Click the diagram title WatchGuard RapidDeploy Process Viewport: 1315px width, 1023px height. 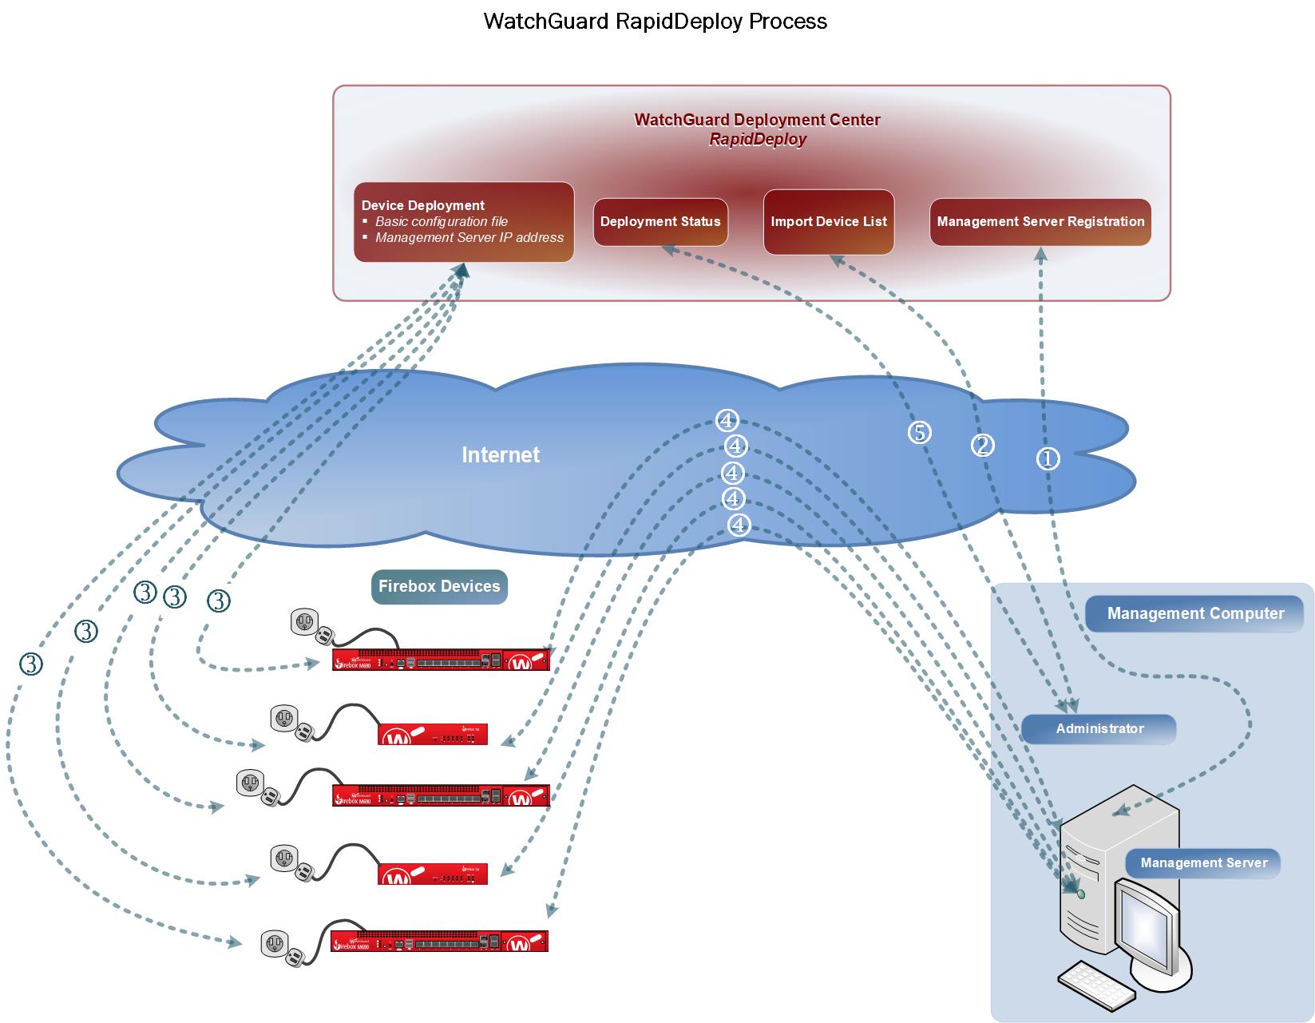coord(655,21)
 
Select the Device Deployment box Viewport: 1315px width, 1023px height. coord(463,221)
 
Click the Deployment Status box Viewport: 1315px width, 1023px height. coord(660,222)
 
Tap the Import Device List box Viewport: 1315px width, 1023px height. coord(828,222)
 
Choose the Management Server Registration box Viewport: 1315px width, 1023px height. coord(1040,222)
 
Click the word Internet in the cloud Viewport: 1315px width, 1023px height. coord(501,455)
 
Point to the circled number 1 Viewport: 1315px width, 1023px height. coord(1048,458)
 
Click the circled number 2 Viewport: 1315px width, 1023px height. coord(982,445)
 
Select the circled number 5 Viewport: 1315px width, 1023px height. coord(920,433)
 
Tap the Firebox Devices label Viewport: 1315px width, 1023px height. coord(439,587)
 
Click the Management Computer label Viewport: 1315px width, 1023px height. coord(1194,614)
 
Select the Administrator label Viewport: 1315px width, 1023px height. coord(1099,729)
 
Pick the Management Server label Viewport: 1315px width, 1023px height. coord(1202,863)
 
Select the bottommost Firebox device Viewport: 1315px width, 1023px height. coord(440,942)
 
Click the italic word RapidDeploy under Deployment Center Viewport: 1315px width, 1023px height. coord(758,140)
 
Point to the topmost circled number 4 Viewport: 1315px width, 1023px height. coord(727,420)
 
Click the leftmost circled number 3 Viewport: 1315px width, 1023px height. coord(30,664)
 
